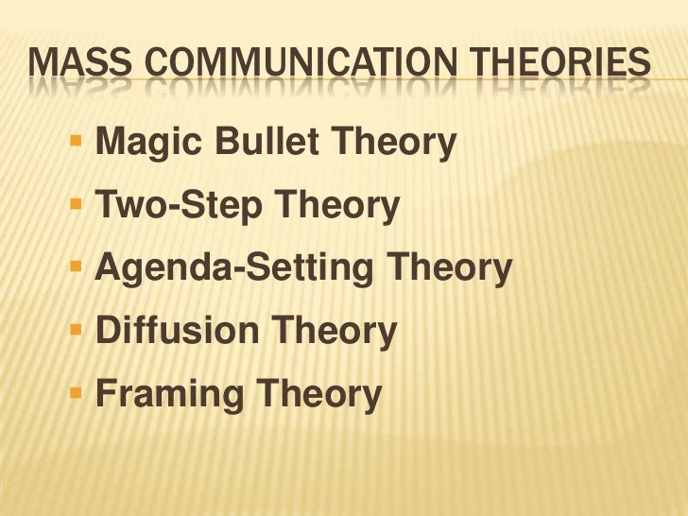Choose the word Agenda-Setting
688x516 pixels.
click(237, 270)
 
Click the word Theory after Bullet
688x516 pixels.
click(398, 144)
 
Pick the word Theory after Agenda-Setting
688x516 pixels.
click(452, 270)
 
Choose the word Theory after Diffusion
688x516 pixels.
click(335, 332)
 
